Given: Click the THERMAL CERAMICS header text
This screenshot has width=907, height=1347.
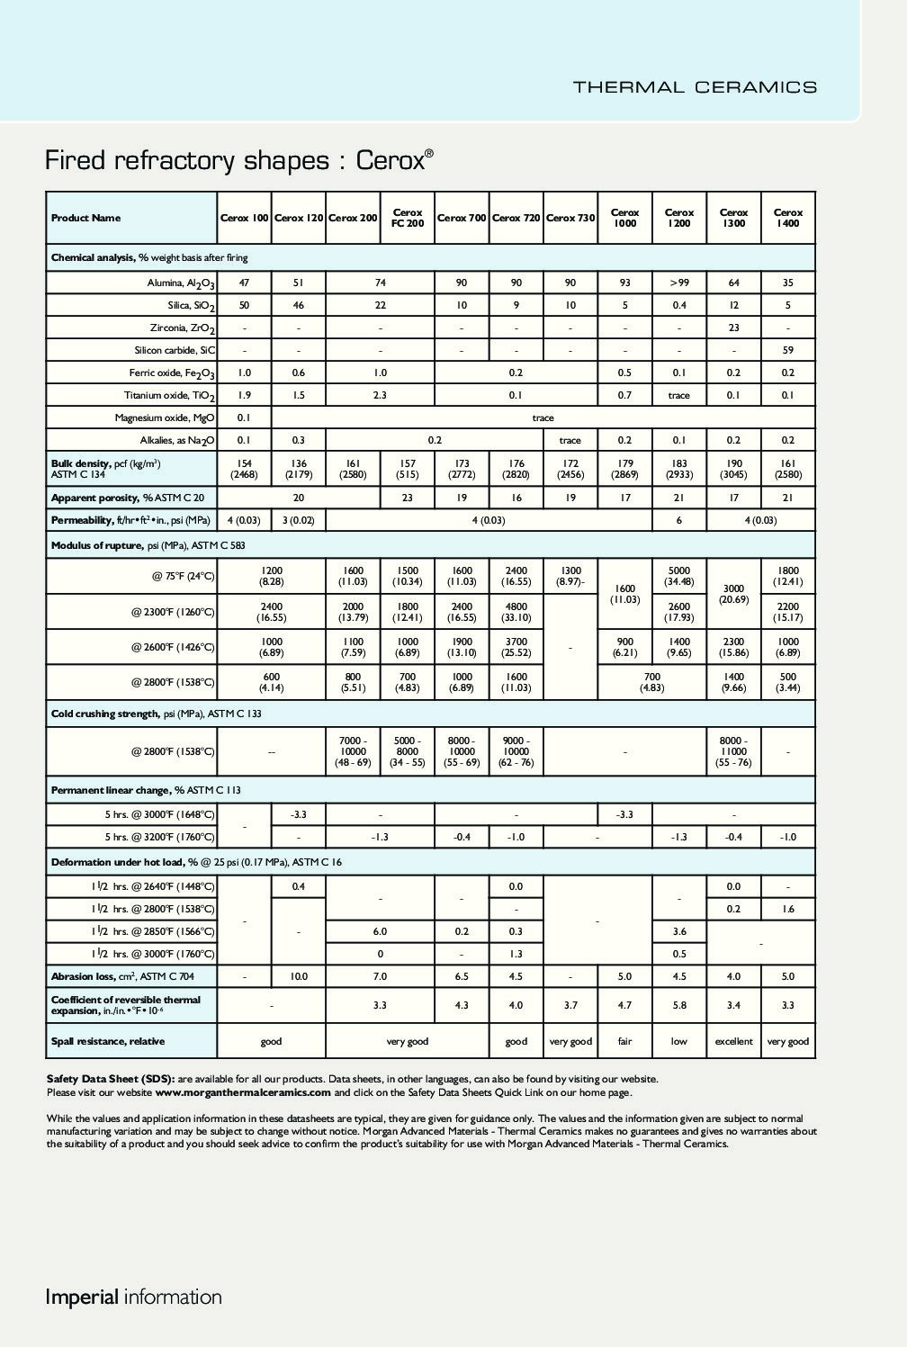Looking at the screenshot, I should coord(695,87).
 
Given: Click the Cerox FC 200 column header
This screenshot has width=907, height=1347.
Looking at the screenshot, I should coord(408,218).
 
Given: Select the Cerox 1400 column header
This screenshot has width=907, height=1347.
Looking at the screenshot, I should coord(787,218).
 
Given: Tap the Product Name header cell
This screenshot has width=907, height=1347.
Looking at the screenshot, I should coord(85,218).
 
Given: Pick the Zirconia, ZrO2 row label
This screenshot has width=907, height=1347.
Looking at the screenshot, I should coord(183,328).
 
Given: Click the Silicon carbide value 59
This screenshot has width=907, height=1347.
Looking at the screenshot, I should coord(787,350).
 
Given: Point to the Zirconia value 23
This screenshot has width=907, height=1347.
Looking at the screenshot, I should coord(733,328).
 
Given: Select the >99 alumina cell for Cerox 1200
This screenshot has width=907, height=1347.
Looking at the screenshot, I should coord(678,283).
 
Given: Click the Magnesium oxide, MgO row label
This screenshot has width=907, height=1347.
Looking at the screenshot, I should coord(165,418).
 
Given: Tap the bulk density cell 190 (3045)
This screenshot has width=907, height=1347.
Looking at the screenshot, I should coord(733,469).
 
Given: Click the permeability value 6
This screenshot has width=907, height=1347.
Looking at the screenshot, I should coord(678,520).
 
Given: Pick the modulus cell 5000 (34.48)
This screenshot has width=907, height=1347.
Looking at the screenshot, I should coord(678,576).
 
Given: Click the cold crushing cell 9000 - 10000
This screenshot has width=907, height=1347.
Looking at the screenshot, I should coord(516,751).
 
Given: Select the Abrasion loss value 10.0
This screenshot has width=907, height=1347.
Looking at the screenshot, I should coord(298,976).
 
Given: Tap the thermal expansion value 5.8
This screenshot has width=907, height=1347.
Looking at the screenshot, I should coord(678,1005).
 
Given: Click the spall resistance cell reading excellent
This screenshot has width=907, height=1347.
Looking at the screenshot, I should coord(733,1041).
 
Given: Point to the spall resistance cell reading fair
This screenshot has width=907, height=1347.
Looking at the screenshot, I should coord(624,1041).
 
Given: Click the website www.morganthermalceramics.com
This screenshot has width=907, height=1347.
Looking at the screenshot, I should coord(243,1092).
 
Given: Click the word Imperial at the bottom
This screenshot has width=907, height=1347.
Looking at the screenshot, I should coord(82,1297).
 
